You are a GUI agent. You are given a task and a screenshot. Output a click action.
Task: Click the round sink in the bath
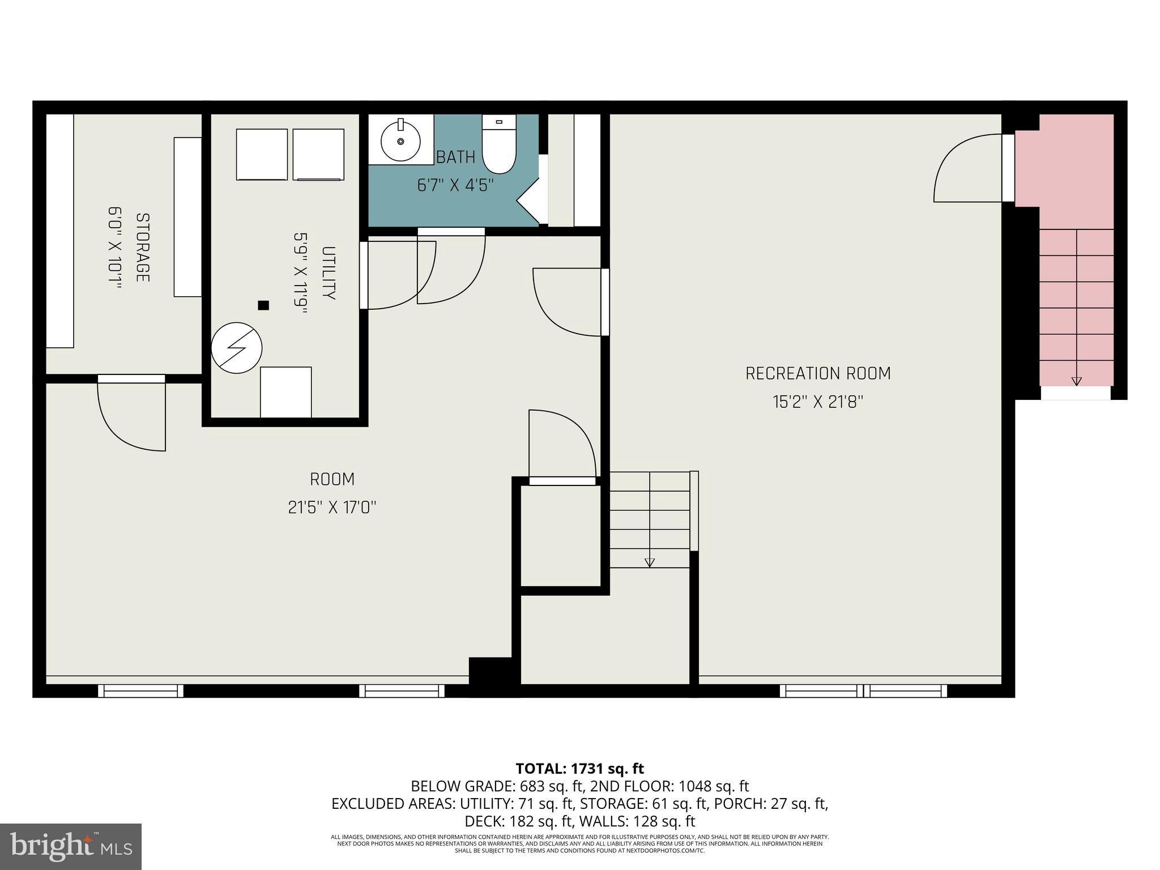click(400, 140)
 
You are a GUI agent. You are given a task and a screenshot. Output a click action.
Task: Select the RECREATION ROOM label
click(818, 374)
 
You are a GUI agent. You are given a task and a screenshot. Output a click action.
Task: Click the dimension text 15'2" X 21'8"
click(818, 402)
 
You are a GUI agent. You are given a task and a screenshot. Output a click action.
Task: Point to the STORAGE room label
click(143, 248)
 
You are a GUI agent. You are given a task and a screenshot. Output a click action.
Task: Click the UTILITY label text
click(329, 273)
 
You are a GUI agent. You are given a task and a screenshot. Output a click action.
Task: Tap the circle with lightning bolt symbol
click(237, 348)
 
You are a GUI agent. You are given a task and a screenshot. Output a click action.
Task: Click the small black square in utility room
click(263, 305)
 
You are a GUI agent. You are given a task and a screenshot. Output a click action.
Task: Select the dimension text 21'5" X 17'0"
click(332, 507)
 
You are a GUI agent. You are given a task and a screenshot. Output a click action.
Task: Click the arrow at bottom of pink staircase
click(1077, 381)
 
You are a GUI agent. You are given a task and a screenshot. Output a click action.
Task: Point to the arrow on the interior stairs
click(650, 562)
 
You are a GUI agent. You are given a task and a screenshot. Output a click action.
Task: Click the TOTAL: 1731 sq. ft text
click(579, 769)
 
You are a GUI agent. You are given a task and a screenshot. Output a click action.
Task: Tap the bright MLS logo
click(71, 846)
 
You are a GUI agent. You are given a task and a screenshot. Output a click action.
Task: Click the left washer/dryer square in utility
click(262, 154)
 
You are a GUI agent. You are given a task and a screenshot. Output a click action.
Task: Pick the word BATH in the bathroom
click(455, 157)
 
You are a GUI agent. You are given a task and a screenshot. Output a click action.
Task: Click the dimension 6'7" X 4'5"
click(455, 185)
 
